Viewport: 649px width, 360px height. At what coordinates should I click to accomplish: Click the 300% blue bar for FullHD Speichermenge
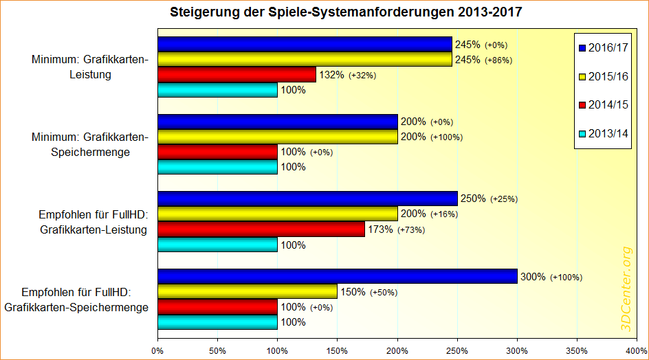(338, 276)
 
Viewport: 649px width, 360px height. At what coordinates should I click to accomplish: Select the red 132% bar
(237, 75)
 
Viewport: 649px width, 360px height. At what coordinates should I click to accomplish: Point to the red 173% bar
(261, 229)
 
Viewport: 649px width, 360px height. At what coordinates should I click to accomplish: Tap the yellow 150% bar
(247, 292)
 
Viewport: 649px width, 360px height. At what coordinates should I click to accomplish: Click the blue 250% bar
(307, 199)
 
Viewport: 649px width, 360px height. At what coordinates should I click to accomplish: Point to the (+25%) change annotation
(503, 199)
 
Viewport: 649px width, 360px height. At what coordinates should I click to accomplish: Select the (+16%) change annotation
(444, 214)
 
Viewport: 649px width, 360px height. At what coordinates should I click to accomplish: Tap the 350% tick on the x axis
(577, 351)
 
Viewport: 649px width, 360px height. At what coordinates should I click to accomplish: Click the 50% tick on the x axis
(217, 351)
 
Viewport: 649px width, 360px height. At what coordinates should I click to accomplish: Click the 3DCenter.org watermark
(626, 289)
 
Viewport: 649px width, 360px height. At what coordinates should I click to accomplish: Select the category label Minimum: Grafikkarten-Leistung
(89, 67)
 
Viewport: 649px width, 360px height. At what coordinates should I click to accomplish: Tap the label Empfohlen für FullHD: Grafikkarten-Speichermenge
(76, 300)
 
